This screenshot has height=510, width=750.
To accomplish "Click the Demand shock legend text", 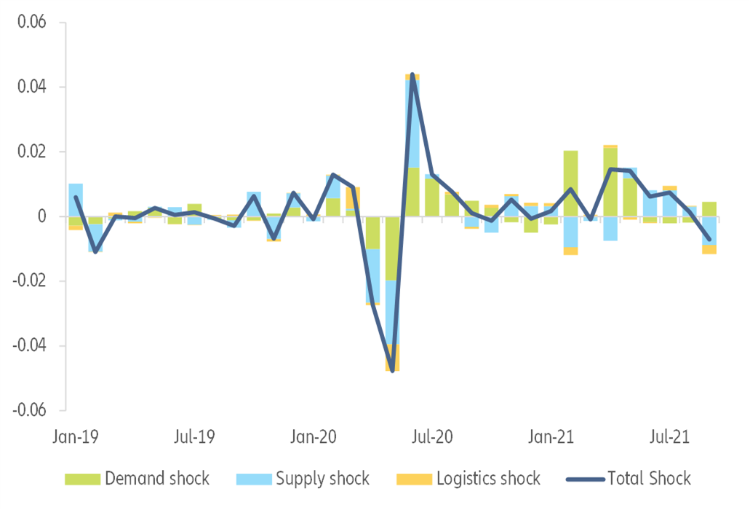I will [157, 479].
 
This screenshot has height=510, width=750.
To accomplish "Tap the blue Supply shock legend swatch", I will [252, 479].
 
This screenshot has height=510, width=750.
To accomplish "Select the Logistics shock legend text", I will [488, 479].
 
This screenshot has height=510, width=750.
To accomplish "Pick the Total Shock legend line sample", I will [583, 479].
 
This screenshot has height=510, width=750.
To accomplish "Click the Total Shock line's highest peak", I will [412, 74].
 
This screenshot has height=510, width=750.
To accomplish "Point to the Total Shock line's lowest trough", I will [393, 371].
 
